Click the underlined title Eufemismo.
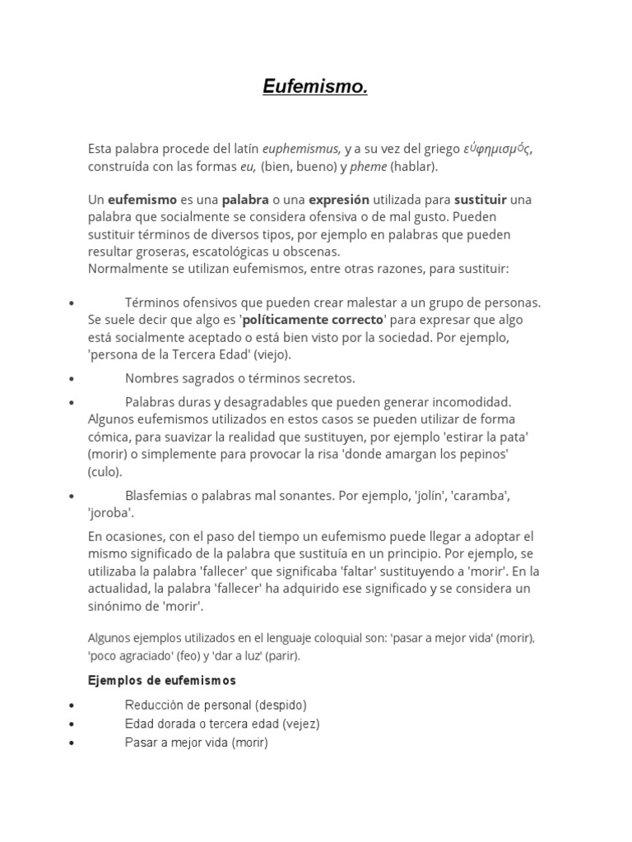click(315, 86)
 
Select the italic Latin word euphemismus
click(301, 149)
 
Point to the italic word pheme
click(369, 166)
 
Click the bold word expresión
click(338, 200)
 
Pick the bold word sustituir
click(481, 200)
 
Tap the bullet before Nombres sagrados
click(73, 379)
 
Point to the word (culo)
click(105, 472)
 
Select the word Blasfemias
click(158, 496)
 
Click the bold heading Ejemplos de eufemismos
click(162, 681)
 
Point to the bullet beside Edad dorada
click(73, 724)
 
